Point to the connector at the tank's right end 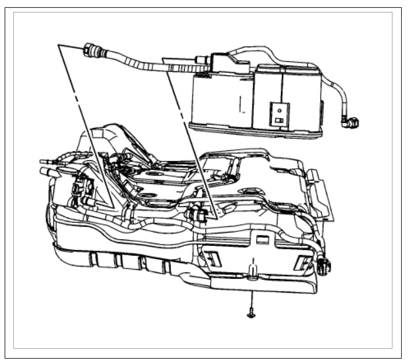click(x=324, y=267)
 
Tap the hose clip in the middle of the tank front click(x=196, y=214)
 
